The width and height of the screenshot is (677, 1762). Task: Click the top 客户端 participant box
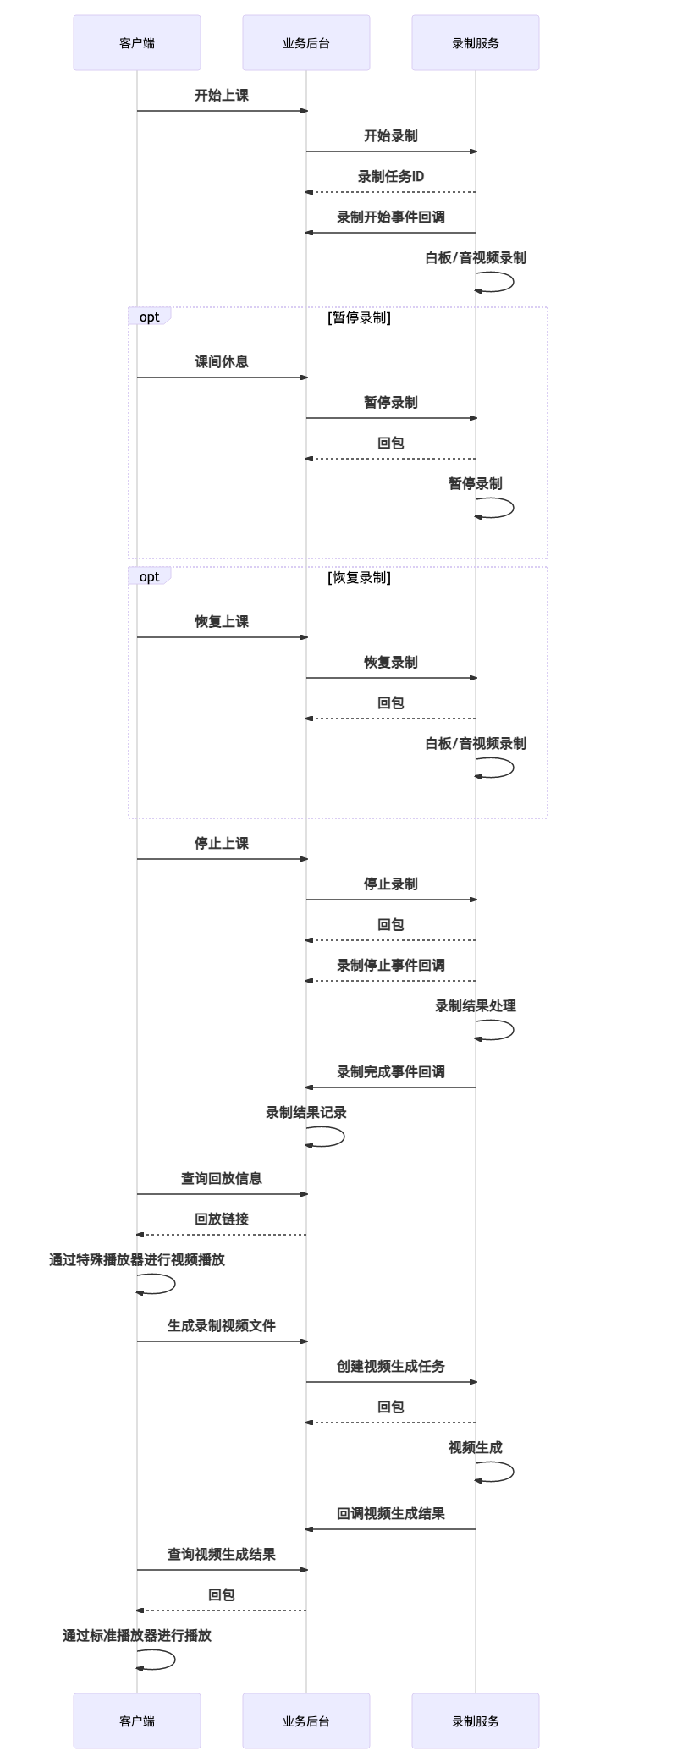click(137, 42)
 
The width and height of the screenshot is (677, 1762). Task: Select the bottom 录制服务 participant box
click(476, 1721)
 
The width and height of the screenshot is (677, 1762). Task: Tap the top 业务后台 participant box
click(306, 42)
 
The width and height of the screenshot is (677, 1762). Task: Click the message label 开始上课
click(222, 95)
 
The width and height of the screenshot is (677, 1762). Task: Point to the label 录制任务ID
click(391, 176)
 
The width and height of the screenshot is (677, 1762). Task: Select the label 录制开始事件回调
click(391, 217)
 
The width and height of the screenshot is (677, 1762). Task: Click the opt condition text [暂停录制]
click(359, 317)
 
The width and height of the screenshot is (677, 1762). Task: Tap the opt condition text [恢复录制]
click(359, 577)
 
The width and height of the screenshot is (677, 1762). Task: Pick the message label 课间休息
click(222, 361)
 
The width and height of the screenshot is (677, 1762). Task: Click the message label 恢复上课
click(222, 621)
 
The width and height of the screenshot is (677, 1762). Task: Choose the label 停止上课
click(222, 843)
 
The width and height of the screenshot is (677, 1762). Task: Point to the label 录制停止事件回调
click(391, 965)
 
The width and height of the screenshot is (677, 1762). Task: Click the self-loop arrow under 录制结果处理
click(513, 1030)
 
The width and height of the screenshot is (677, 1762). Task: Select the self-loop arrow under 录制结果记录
click(344, 1137)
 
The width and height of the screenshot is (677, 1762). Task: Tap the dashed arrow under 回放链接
click(222, 1235)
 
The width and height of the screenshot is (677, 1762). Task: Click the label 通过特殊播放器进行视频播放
click(137, 1259)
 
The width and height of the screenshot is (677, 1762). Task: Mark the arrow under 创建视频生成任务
click(391, 1382)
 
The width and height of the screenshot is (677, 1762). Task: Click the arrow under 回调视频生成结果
click(391, 1529)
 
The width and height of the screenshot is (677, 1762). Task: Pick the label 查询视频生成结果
click(222, 1554)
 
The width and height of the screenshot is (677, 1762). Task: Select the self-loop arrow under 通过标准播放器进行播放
click(174, 1660)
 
